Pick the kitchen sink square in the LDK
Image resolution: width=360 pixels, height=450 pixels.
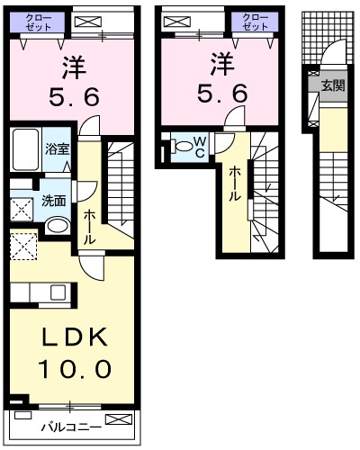coord(58,292)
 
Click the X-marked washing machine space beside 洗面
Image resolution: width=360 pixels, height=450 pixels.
coord(22,208)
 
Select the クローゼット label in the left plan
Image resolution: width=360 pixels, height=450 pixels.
coord(37,22)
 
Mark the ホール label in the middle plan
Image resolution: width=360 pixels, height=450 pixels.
coord(235,183)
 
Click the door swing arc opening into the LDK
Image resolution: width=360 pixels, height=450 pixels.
coord(92,263)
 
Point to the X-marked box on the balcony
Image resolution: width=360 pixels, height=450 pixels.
coord(117,420)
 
